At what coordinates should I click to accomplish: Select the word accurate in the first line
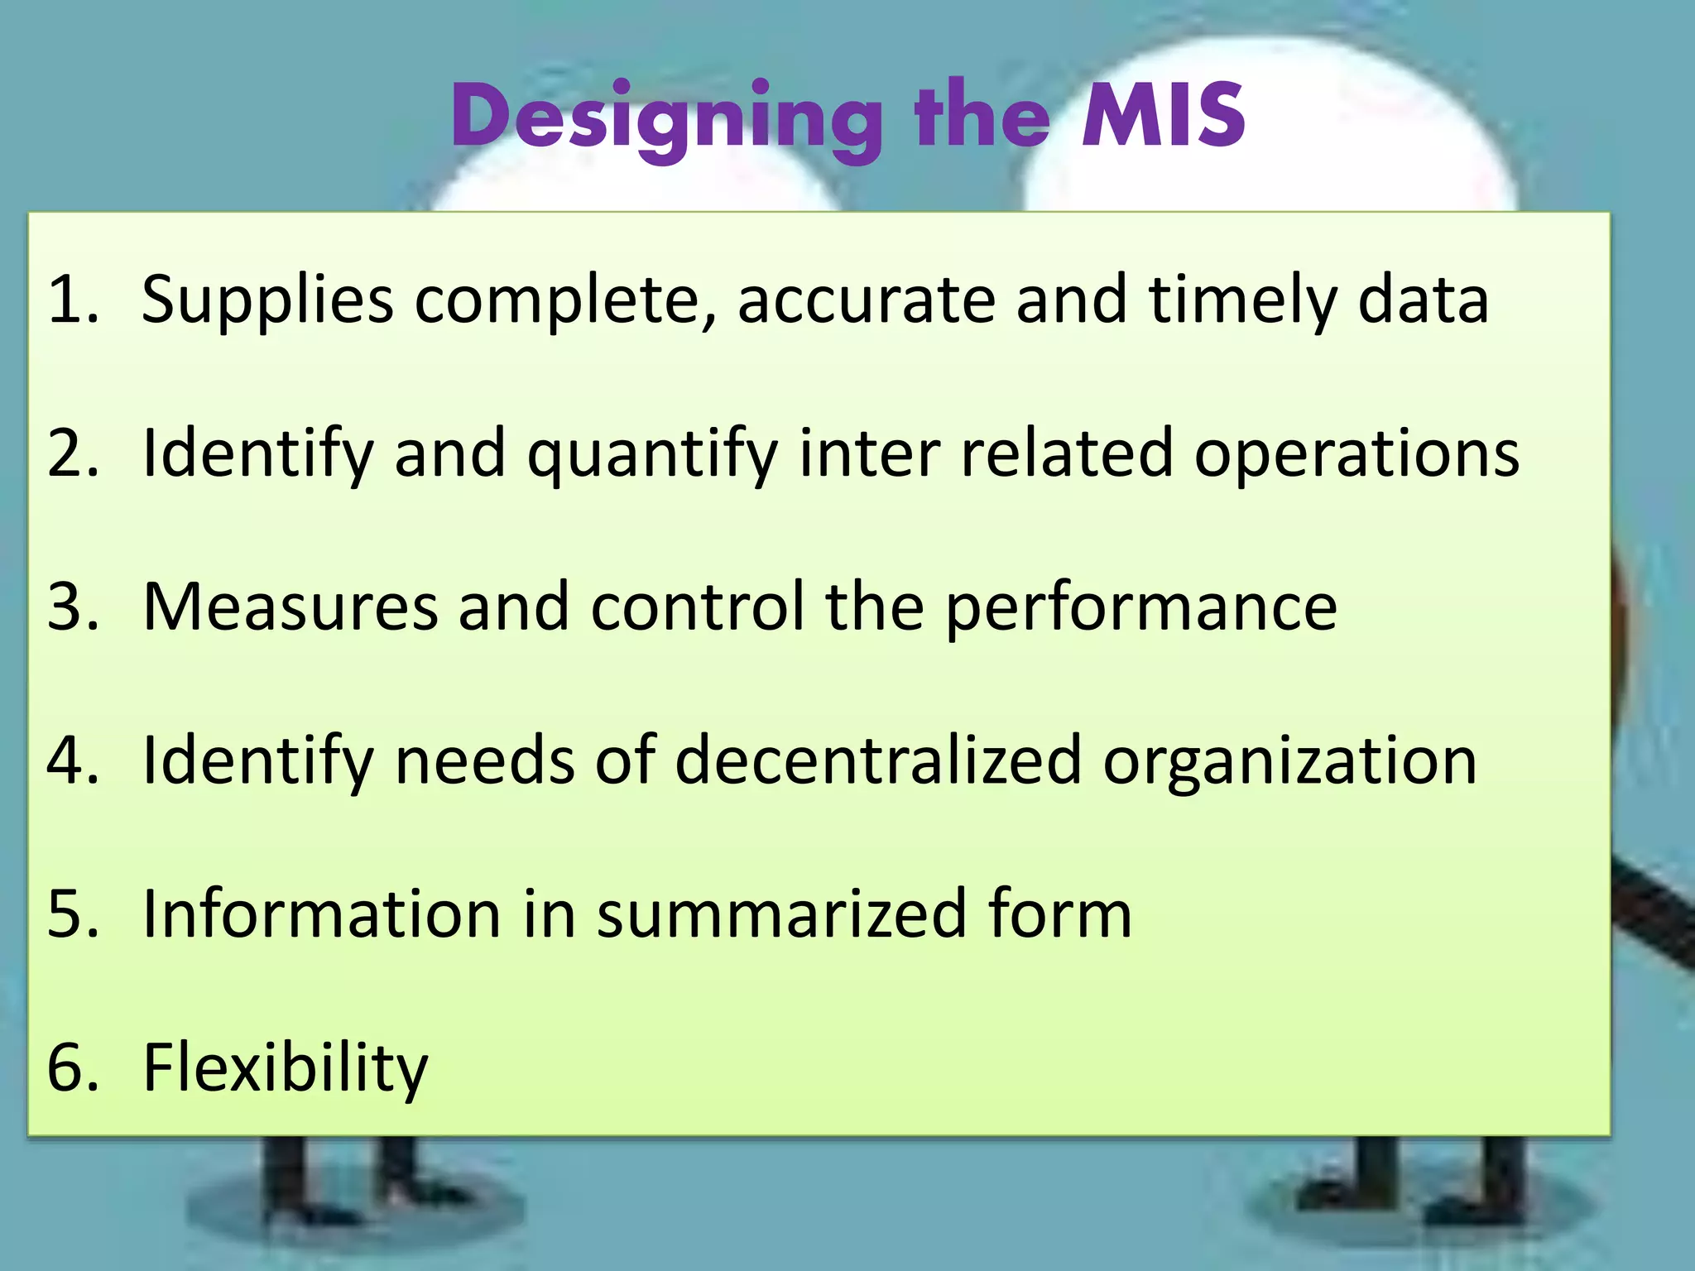click(866, 300)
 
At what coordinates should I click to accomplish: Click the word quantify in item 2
click(653, 455)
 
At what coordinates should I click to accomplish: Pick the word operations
click(1356, 455)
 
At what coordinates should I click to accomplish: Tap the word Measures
click(290, 607)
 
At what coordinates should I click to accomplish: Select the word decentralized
click(878, 760)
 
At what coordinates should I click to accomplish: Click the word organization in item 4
click(1289, 762)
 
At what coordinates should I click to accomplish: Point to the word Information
click(322, 914)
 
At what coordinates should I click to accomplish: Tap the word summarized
click(782, 914)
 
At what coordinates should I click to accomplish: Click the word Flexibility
click(286, 1068)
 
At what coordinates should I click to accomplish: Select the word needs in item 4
click(484, 760)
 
